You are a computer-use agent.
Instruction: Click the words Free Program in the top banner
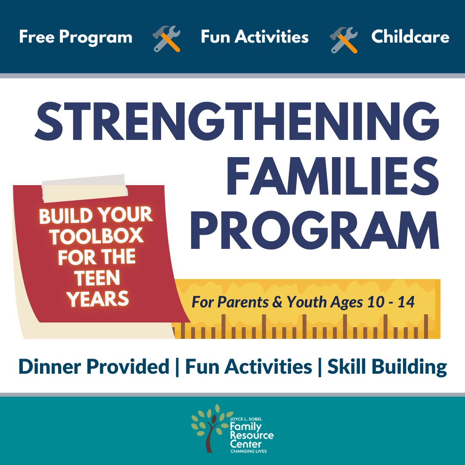76,37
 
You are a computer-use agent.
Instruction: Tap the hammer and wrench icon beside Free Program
166,39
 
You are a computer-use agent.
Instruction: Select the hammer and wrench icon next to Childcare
344,40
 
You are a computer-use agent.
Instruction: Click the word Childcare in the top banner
410,37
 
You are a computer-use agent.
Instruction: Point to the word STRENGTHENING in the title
237,121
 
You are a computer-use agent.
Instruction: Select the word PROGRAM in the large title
315,230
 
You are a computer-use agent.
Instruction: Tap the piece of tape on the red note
84,188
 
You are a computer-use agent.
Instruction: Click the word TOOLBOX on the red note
96,236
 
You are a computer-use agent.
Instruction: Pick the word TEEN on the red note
97,278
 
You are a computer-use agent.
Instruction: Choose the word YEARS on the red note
98,299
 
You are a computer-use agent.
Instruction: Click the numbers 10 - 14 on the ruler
391,302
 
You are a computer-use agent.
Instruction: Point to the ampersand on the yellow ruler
277,302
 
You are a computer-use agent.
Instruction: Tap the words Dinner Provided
94,366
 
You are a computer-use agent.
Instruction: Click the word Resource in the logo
252,435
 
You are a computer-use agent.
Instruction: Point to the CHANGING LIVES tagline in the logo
248,451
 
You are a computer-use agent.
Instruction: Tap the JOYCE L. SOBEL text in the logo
246,419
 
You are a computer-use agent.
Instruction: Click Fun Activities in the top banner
255,37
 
